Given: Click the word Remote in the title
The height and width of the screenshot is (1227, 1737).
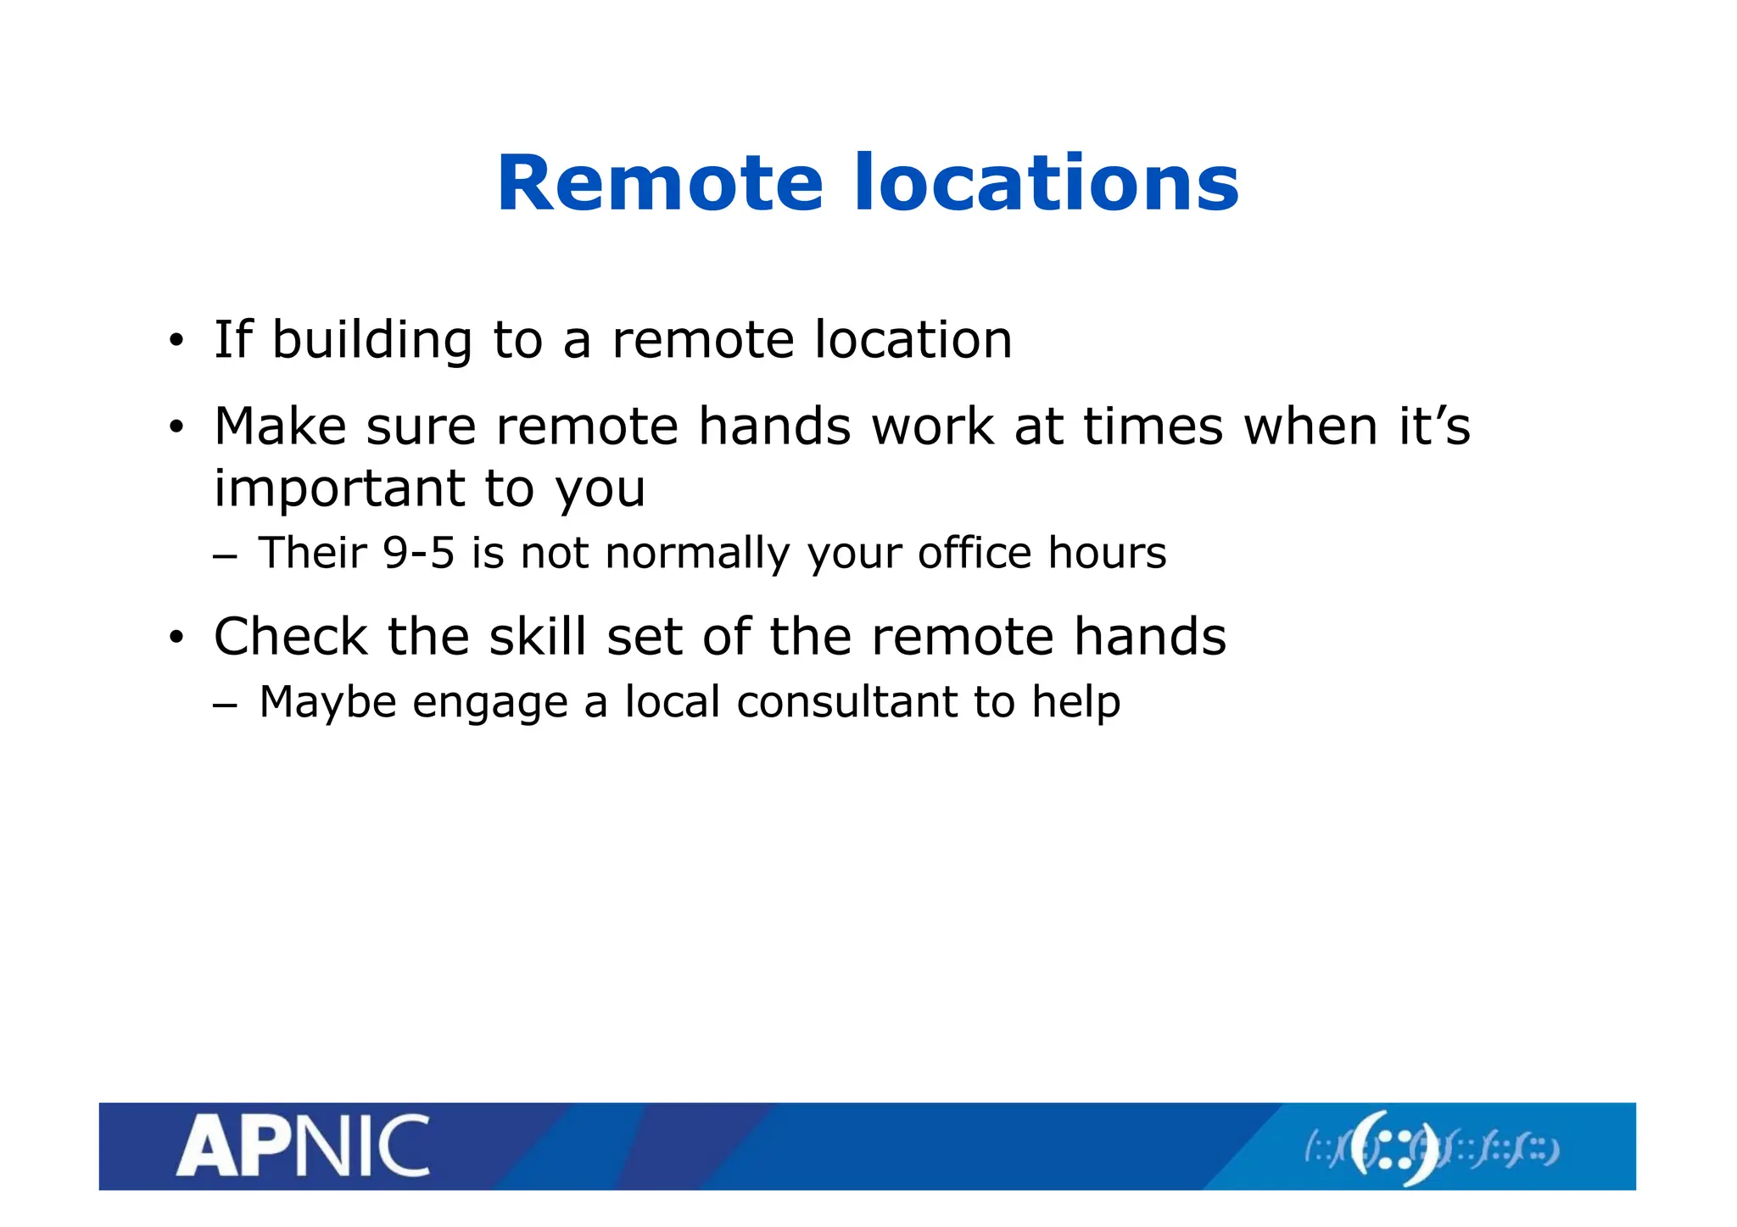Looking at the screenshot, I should click(x=660, y=183).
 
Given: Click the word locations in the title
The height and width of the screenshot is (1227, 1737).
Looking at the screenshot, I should click(x=1046, y=183).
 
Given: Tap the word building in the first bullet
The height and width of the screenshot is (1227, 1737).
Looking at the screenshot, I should click(x=371, y=340).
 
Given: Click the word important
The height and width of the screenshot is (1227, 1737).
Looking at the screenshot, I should click(x=339, y=489).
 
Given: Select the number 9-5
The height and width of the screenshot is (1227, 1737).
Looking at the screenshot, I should click(x=418, y=553).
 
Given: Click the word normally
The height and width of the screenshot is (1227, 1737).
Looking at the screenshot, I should click(x=697, y=555).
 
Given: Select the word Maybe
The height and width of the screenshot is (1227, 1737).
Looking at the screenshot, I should click(x=327, y=703).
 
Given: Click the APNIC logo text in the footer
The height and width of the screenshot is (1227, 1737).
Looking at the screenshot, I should click(x=303, y=1146).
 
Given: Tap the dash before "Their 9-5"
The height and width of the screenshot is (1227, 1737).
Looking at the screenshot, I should click(x=225, y=556).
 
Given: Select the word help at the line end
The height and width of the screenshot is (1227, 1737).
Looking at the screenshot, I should click(x=1075, y=703).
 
